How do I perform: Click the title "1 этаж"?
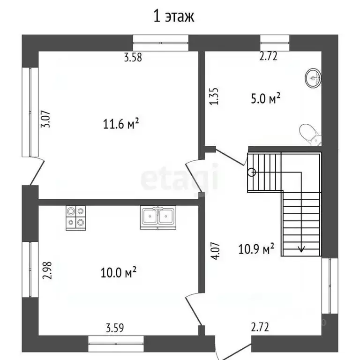[173, 16]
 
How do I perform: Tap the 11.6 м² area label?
[121, 124]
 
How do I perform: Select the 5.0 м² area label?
[266, 98]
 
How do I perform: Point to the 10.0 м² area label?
[119, 272]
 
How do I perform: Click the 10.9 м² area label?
[256, 248]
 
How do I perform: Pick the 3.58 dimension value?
[133, 57]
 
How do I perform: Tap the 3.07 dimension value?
[45, 119]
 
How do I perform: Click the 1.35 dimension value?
[214, 96]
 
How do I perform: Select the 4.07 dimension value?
[216, 251]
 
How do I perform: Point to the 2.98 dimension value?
[47, 270]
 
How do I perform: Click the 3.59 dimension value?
[115, 328]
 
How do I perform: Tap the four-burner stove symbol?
[76, 218]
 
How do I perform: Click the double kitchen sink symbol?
[158, 217]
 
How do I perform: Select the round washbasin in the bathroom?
[314, 78]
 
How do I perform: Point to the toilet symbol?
[311, 135]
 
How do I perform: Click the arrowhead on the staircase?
[301, 248]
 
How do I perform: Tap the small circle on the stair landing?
[252, 172]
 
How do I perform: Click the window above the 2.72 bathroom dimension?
[275, 43]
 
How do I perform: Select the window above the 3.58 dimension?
[161, 43]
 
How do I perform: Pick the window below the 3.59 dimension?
[116, 344]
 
